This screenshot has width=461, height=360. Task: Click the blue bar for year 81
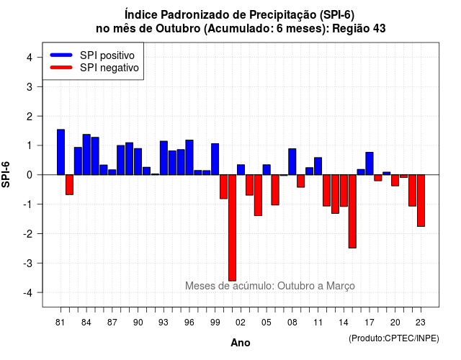point(61,152)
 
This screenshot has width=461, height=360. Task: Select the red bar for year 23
point(421,200)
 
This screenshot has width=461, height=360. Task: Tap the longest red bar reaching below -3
point(232,228)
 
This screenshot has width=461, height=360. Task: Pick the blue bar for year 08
point(292,161)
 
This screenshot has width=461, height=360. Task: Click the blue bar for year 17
point(370,163)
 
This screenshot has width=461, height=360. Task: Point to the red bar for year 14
point(344,190)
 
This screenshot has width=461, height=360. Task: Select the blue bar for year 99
point(215,159)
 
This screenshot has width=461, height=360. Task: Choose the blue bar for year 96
point(189,157)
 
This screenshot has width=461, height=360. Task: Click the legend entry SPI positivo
point(107,55)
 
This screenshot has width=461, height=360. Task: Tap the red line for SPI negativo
point(61,68)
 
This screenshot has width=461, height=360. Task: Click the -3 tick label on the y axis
point(28,263)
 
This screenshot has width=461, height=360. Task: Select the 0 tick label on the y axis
point(30,175)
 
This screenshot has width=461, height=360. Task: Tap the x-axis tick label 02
point(241,323)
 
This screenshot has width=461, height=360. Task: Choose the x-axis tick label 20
point(395,323)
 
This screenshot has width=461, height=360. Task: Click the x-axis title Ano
point(241,343)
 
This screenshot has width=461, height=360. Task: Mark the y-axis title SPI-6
point(6,175)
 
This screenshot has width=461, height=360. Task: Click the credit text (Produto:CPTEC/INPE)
point(394,338)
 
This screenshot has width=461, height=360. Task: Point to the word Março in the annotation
point(341,286)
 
